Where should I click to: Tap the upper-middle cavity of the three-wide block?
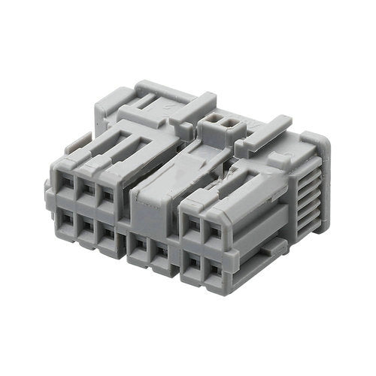[87, 193]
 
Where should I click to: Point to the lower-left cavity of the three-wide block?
[68, 221]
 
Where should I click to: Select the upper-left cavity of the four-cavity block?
[194, 223]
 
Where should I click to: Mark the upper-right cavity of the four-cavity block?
[214, 229]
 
